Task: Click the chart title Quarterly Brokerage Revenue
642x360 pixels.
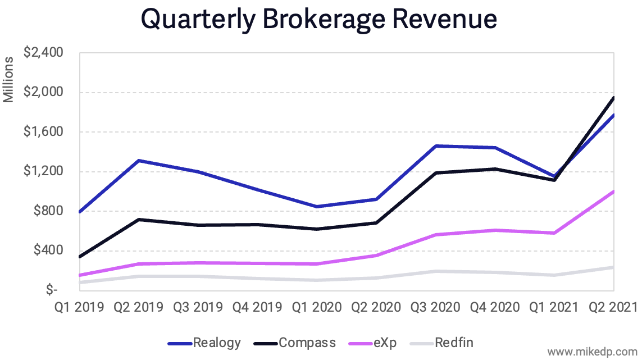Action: (x=318, y=19)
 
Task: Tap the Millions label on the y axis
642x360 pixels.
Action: (x=8, y=79)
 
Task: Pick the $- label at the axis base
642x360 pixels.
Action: (x=52, y=290)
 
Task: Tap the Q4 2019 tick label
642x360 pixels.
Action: (x=258, y=307)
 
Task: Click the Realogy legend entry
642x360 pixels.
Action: (x=217, y=342)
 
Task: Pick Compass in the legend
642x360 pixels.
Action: (x=307, y=342)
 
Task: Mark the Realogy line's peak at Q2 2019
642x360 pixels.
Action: (x=139, y=161)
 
